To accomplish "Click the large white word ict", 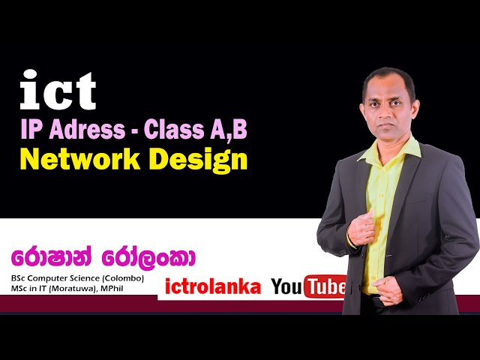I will click(x=58, y=91).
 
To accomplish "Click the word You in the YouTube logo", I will click(x=286, y=286).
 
